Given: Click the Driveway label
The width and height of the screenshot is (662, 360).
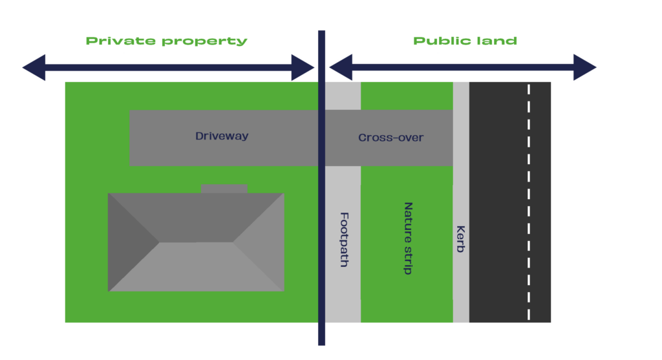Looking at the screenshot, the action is [x=222, y=136].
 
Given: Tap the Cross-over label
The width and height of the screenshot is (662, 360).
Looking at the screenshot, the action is [x=390, y=138].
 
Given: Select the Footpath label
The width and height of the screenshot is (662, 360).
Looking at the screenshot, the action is [x=344, y=239].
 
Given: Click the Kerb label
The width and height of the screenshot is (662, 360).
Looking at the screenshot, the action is [x=460, y=239].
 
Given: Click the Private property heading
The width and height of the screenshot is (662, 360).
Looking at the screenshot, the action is [x=166, y=41].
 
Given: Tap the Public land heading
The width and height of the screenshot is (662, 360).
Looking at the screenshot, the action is [x=465, y=41].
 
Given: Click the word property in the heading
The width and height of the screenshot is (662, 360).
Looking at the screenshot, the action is [x=204, y=41].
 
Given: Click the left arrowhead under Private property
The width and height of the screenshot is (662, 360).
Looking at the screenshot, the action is [x=34, y=67].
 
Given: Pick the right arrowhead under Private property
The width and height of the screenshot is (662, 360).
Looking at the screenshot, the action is [x=303, y=67].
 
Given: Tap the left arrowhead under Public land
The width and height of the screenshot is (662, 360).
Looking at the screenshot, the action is [x=341, y=67].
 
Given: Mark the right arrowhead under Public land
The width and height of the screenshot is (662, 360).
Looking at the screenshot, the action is [x=584, y=67].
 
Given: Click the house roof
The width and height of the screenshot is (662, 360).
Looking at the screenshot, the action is [x=196, y=242].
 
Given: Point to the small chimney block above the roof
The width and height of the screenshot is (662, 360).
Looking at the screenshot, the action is [x=224, y=189].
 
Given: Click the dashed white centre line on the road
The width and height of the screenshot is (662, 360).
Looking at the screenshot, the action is [x=529, y=202].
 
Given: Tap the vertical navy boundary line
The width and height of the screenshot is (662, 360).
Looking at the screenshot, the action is [x=322, y=188].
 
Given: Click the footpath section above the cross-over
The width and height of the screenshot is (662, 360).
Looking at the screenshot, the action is [x=343, y=96].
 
